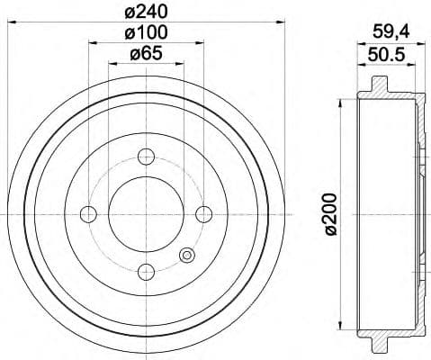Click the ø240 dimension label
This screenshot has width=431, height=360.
146,12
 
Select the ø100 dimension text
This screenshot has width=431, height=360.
146,33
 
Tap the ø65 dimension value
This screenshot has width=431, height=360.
146,55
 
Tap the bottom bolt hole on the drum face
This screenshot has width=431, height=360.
146,269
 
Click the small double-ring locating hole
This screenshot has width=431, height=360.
186,255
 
